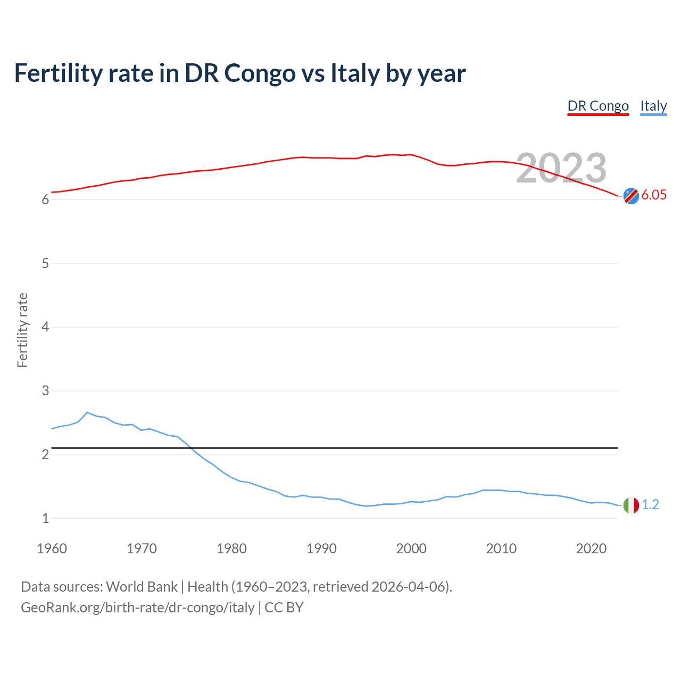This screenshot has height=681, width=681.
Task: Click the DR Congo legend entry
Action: coord(598,106)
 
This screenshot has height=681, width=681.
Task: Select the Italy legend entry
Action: coord(653,106)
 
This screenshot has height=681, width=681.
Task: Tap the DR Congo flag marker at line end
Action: coord(631,196)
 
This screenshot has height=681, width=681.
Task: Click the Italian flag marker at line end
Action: coord(631,505)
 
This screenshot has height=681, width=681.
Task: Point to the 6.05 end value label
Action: coord(654,195)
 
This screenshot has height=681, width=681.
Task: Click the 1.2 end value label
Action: coord(650,505)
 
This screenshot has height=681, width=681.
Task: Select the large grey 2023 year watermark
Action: coord(561,168)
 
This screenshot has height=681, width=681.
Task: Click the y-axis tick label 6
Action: coord(46,200)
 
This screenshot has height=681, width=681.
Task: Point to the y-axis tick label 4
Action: coord(46,327)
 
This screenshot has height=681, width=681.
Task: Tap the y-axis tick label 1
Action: coord(46,518)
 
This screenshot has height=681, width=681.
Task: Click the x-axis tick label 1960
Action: coord(52,549)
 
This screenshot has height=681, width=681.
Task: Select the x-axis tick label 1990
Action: coord(321,549)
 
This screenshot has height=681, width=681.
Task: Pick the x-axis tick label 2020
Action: coord(591,549)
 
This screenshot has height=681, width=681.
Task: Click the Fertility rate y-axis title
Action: coord(22,330)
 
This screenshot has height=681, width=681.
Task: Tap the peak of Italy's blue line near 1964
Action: coord(87,412)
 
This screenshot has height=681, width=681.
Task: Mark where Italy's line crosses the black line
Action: coord(190,448)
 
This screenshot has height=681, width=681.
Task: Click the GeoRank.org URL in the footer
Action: coord(137,608)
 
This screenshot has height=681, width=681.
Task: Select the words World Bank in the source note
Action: coord(142,587)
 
